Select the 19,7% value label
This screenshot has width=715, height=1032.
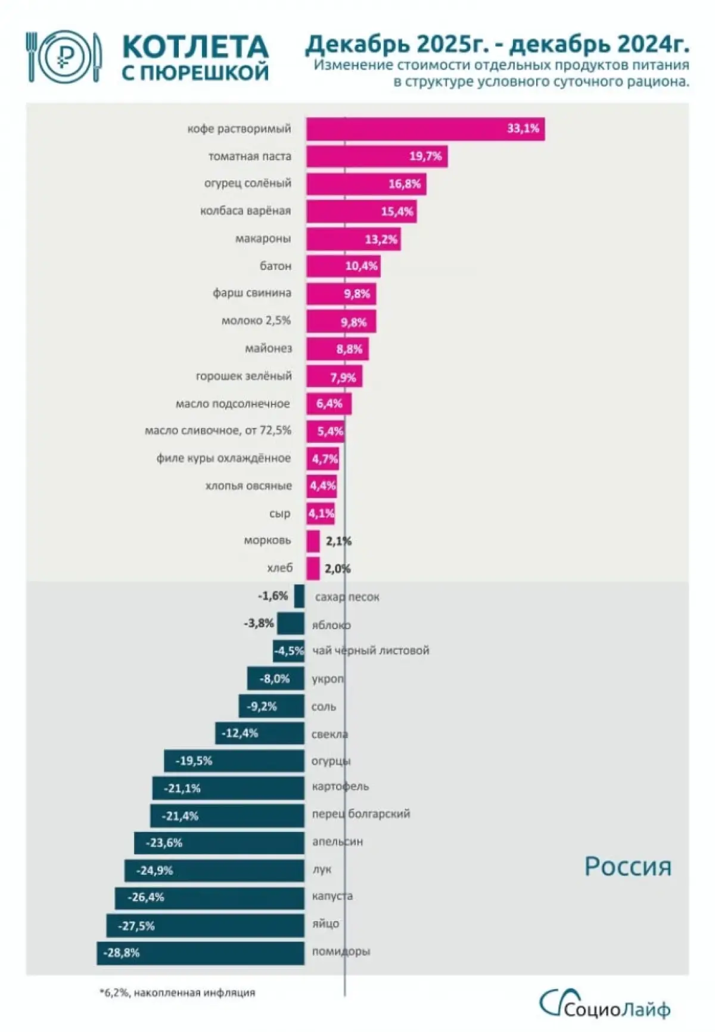(425, 157)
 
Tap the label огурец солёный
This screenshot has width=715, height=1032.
(248, 183)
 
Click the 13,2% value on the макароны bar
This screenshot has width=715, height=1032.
(381, 239)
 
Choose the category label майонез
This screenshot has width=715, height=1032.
(269, 348)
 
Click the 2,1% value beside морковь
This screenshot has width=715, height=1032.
(338, 541)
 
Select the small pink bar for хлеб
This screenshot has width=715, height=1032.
(313, 569)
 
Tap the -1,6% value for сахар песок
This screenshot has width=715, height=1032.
(273, 596)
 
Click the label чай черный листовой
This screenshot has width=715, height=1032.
(371, 651)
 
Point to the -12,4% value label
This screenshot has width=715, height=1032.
(240, 734)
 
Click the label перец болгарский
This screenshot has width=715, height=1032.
(361, 814)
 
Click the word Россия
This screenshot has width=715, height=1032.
(627, 867)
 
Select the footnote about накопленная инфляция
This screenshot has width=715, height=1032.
(177, 993)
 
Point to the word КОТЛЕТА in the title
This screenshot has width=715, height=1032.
(195, 46)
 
